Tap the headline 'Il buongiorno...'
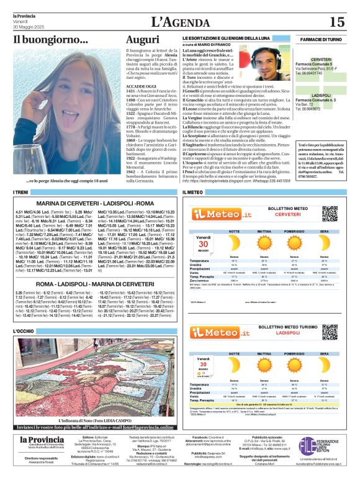(50, 41)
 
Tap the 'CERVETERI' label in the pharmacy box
(321, 59)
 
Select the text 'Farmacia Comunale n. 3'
(319, 100)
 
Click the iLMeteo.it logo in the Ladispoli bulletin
(219, 332)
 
